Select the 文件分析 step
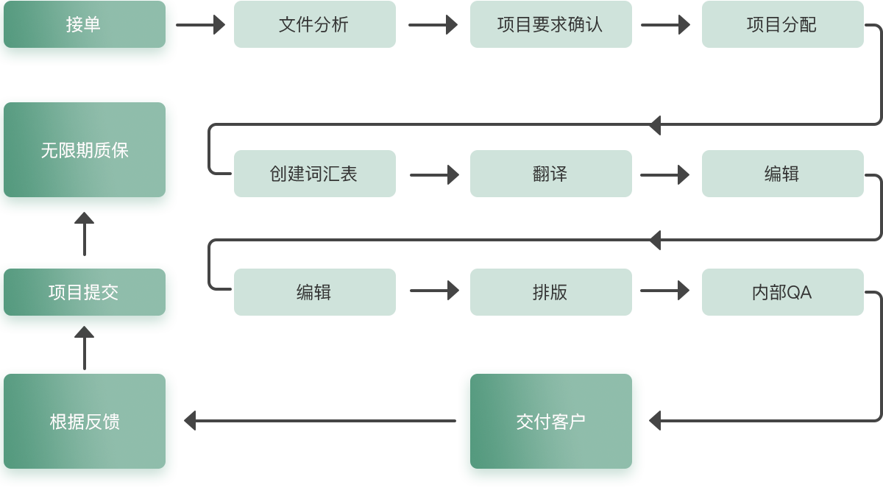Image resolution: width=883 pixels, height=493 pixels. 314,24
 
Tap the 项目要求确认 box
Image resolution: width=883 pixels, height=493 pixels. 550,24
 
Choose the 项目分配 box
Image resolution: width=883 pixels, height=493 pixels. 782,24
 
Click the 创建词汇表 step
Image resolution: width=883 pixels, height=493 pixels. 314,174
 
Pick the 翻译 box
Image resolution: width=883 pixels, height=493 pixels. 550,174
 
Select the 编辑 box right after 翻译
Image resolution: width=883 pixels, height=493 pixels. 782,174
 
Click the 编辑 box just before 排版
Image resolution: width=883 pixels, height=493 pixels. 314,292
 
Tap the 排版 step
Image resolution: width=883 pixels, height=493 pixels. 550,292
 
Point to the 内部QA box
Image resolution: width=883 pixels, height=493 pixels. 782,292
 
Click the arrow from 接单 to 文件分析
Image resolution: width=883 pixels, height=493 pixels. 202,24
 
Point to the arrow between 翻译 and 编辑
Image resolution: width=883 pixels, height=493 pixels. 664,174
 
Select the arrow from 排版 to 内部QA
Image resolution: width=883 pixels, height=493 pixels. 664,291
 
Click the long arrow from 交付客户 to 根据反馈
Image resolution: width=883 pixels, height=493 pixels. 320,421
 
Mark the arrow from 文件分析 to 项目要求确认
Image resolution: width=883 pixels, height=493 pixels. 433,24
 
